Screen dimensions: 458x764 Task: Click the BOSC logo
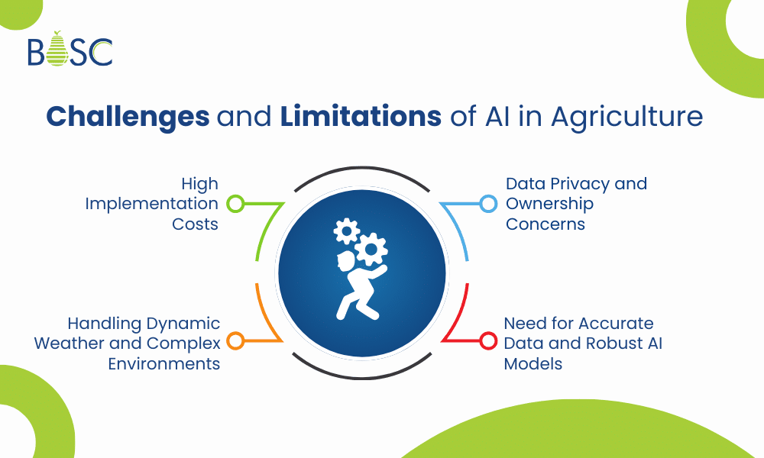70,50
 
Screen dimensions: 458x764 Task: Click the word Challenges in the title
128,117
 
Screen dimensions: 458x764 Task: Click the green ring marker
236,204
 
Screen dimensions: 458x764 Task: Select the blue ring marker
487,204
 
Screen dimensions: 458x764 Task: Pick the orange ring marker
236,341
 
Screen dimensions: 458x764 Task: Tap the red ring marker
487,341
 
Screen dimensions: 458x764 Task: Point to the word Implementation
152,205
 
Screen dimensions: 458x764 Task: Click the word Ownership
549,205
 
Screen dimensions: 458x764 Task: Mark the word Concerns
545,224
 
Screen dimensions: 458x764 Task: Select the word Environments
163,363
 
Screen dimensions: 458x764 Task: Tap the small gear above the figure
347,230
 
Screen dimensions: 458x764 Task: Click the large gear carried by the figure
372,249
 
